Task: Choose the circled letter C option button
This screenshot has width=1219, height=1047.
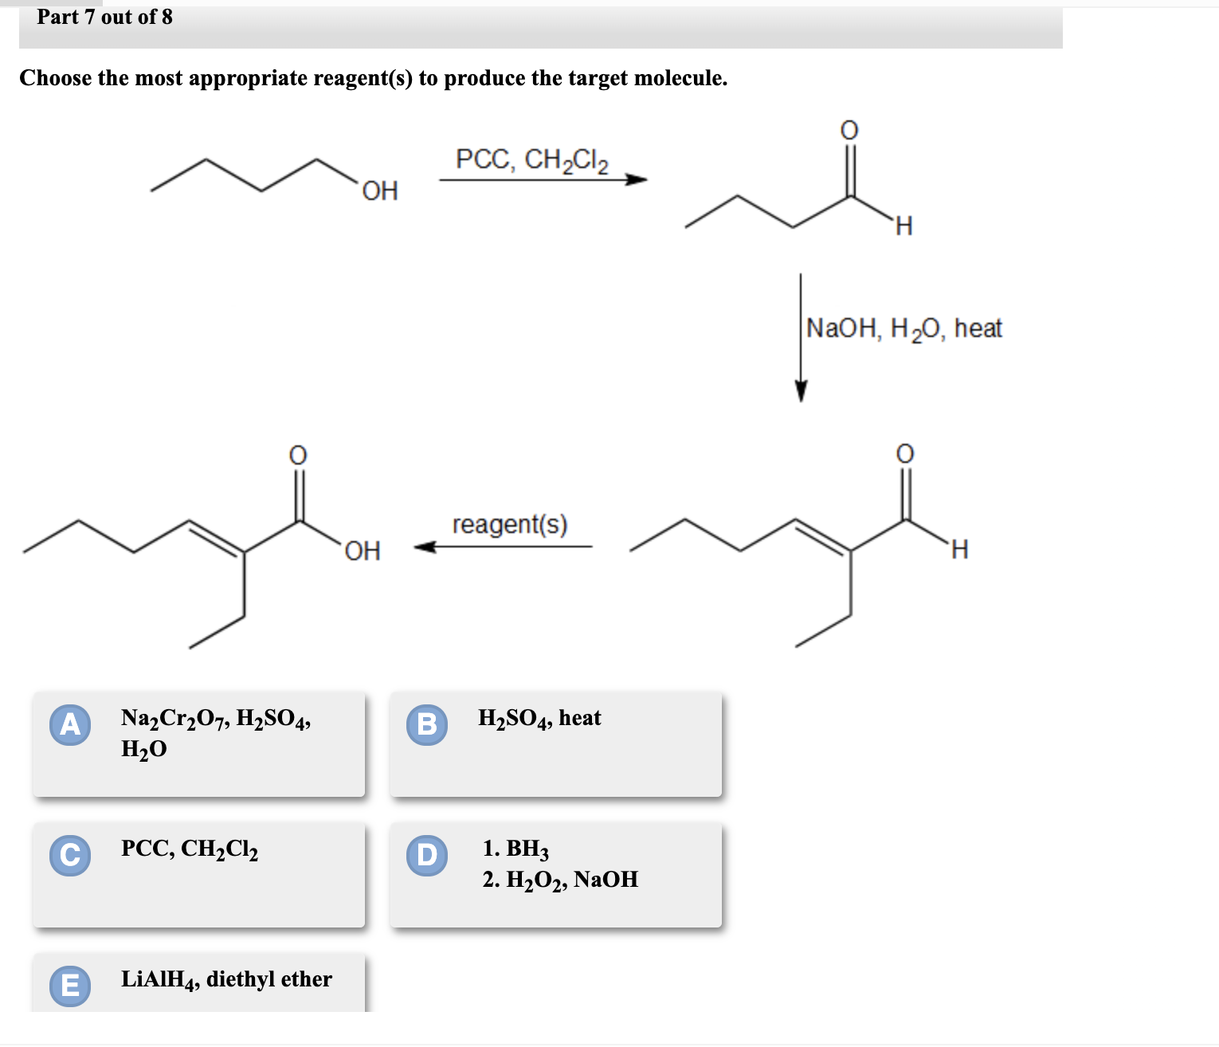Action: [x=70, y=855]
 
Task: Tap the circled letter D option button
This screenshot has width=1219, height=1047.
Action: [x=427, y=855]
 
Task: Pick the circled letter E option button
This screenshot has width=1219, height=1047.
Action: [x=70, y=986]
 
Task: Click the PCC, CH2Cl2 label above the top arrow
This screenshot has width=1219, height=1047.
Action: [x=531, y=160]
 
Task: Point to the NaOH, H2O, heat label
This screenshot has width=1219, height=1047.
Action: [x=903, y=328]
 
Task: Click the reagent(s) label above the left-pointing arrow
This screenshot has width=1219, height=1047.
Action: [x=510, y=524]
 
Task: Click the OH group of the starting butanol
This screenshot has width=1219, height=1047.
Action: [x=380, y=191]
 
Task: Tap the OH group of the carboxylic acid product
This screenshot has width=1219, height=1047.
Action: [x=363, y=551]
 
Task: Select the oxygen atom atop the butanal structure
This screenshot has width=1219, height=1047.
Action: [x=849, y=129]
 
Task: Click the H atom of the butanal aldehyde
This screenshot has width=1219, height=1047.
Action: [x=903, y=227]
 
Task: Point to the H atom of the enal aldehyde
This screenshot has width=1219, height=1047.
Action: [x=959, y=550]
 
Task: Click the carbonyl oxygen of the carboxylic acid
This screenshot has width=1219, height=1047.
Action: [x=297, y=455]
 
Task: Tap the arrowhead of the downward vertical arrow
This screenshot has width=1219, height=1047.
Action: [x=801, y=392]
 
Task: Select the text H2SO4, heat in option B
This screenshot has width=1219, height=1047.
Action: [x=539, y=719]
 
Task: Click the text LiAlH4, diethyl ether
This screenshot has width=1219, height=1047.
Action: [x=226, y=979]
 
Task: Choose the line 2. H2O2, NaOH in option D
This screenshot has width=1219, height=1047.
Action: [x=560, y=880]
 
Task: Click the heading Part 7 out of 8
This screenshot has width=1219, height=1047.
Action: [x=104, y=17]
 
